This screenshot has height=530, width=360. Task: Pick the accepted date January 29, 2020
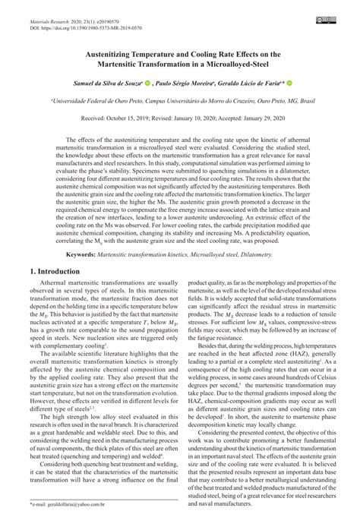271,119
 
